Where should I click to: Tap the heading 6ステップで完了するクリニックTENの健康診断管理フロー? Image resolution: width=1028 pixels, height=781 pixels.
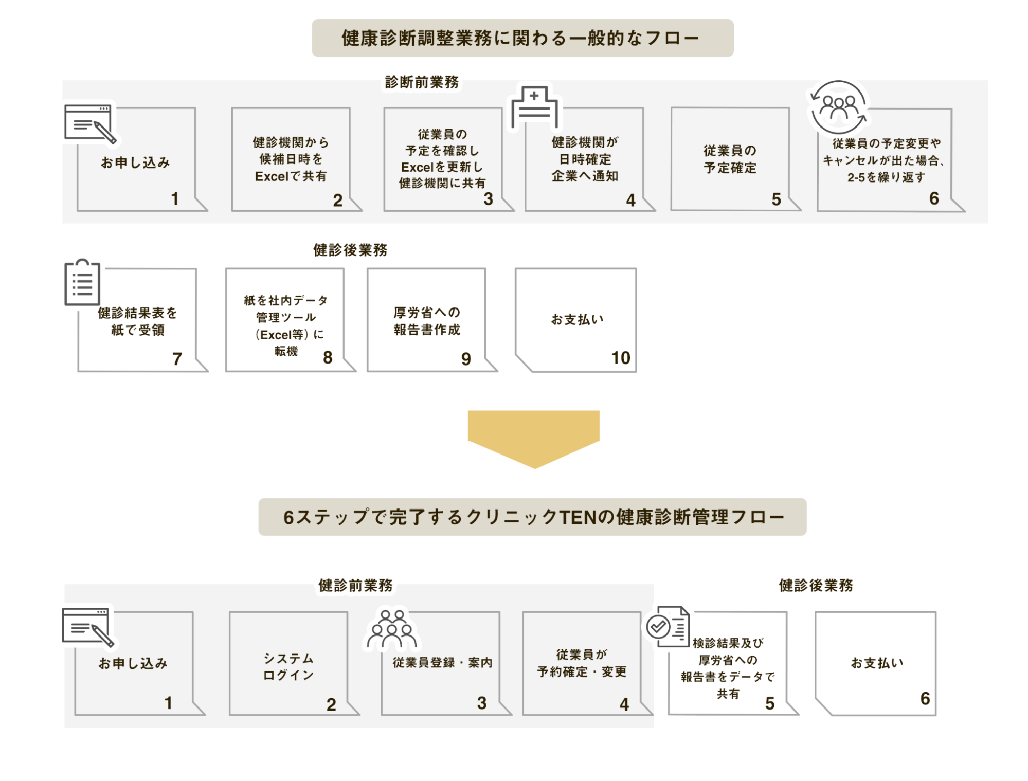(532, 517)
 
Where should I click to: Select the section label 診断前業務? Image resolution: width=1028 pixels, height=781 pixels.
(422, 82)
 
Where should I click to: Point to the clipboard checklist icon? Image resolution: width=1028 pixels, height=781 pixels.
(82, 282)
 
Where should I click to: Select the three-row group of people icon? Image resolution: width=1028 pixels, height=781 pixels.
(392, 629)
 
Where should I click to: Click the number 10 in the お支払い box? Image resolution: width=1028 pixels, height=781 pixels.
(620, 358)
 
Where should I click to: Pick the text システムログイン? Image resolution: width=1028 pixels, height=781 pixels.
(288, 667)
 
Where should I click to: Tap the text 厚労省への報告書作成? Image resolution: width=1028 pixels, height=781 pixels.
(427, 321)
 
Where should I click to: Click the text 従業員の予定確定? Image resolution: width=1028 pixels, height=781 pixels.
(730, 159)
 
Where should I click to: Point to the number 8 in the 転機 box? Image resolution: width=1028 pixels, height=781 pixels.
(328, 357)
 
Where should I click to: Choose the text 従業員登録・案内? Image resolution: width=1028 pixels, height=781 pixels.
(442, 662)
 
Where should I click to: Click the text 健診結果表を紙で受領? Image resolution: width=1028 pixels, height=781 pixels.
(137, 321)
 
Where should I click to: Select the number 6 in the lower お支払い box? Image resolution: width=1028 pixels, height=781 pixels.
(925, 698)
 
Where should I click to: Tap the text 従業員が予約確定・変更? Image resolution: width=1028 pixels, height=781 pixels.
(582, 663)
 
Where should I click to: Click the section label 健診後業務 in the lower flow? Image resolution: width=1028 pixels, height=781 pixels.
(816, 585)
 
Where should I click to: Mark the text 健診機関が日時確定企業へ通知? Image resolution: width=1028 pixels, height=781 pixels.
(585, 159)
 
